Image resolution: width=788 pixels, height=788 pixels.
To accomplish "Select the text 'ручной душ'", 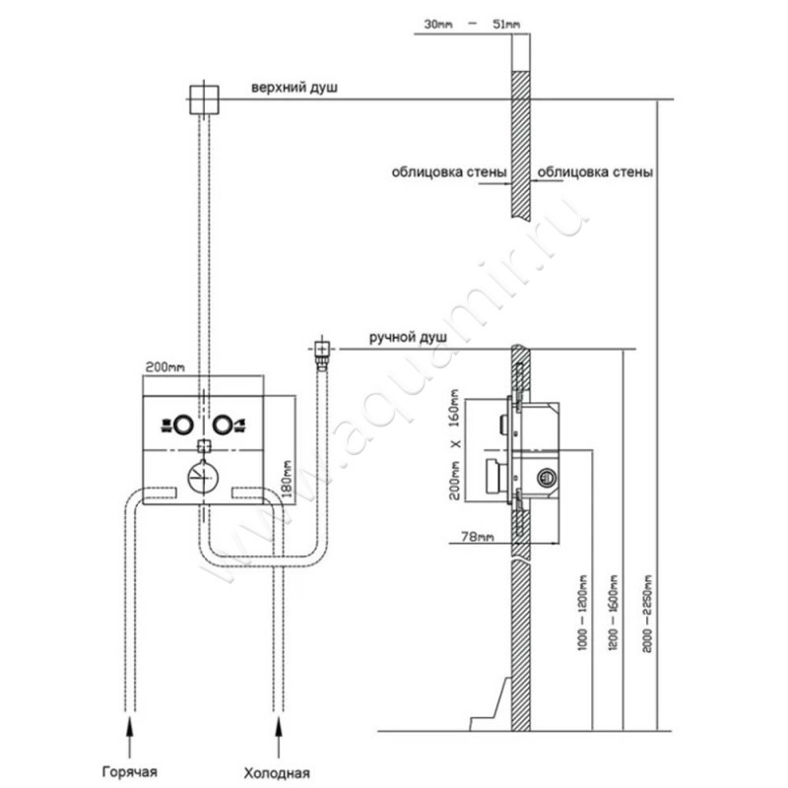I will tap(408, 338).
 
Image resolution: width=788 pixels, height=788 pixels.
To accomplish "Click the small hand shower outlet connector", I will tap(320, 348).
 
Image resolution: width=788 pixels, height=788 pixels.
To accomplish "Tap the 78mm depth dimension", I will tap(478, 537).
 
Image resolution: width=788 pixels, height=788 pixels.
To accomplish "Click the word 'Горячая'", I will tap(129, 770).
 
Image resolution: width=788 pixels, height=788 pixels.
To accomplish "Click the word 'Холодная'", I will tap(281, 770).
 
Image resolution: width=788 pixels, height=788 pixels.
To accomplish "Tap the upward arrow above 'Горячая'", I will tap(130, 731).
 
